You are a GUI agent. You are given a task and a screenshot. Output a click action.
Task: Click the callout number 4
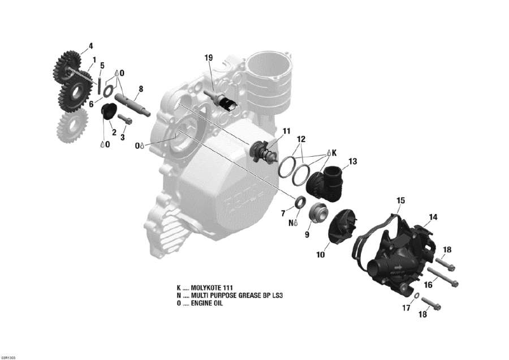tap(90, 46)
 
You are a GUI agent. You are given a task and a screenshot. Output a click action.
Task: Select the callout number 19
tap(208, 57)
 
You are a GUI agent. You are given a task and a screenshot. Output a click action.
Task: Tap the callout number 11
tap(287, 131)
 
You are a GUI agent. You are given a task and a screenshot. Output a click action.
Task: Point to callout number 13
tap(352, 161)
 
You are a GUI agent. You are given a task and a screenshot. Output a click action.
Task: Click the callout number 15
tap(400, 200)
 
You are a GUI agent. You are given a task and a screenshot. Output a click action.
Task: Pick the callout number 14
tap(433, 217)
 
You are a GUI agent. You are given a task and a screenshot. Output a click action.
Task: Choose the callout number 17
tap(406, 308)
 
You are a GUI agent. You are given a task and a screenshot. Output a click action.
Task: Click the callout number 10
tap(320, 255)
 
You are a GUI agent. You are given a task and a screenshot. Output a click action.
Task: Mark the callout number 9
tap(308, 234)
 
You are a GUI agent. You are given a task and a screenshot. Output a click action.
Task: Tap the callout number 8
tap(140, 88)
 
